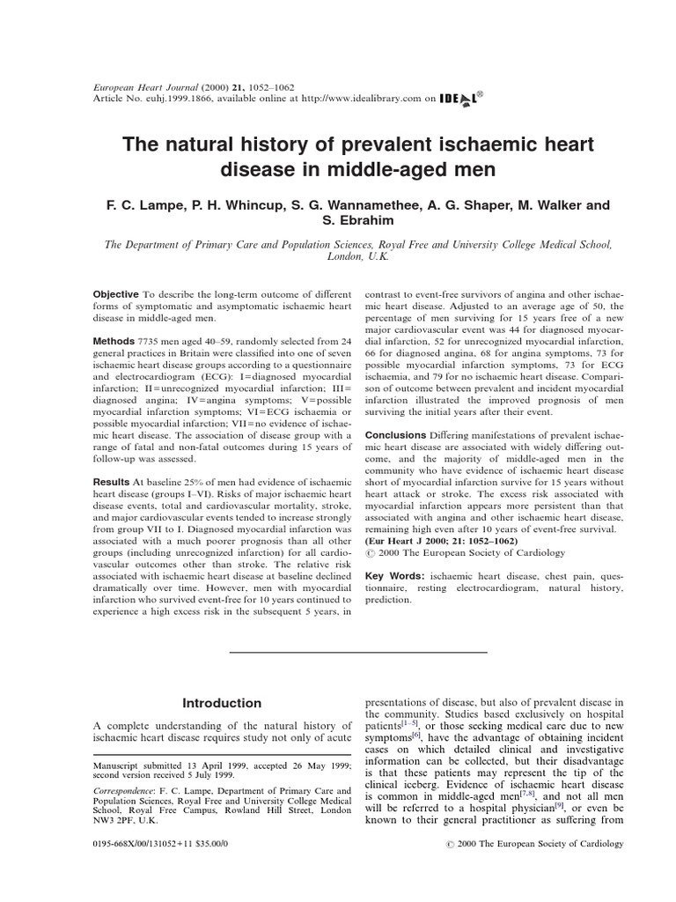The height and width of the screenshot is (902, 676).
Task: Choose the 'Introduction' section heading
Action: (x=221, y=703)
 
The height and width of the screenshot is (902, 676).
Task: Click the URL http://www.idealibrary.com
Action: (x=361, y=100)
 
